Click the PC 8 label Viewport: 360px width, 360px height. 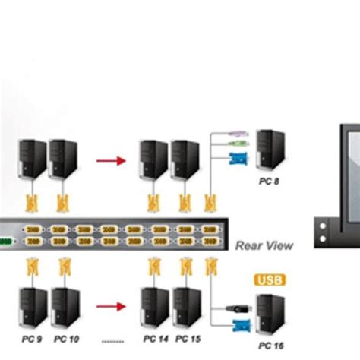pos(268,181)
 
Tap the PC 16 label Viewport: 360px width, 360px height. pos(269,346)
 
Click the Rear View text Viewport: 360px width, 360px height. pos(264,245)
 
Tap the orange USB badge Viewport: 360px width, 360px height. pos(267,280)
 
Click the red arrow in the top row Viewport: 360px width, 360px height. pos(111,161)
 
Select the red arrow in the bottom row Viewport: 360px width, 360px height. pos(111,307)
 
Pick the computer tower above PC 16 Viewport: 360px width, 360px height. pos(270,315)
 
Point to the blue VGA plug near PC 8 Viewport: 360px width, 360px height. pos(237,159)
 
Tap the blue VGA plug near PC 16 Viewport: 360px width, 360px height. pos(237,326)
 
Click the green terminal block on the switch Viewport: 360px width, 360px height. pos(5,242)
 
